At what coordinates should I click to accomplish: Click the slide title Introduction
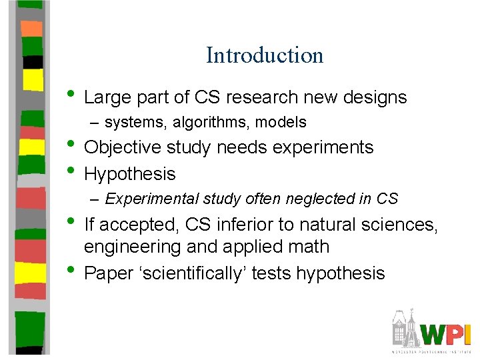(265, 55)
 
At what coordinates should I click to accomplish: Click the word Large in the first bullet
(106, 97)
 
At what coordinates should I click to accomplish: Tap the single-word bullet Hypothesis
(130, 175)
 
